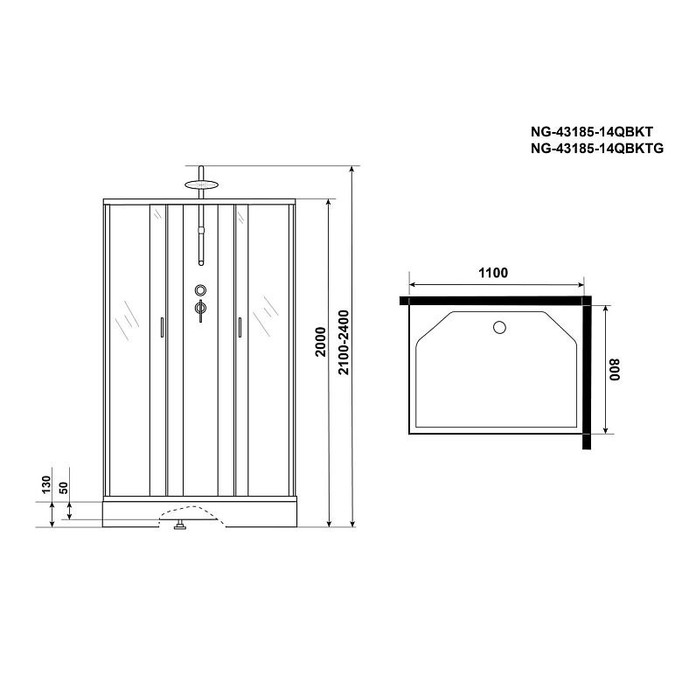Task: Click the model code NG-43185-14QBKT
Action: pyautogui.click(x=592, y=132)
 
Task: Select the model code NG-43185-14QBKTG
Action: pyautogui.click(x=596, y=149)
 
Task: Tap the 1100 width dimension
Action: pyautogui.click(x=493, y=273)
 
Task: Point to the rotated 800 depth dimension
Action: pyautogui.click(x=615, y=370)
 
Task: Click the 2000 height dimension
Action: pyautogui.click(x=321, y=342)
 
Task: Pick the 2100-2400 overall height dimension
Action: pyautogui.click(x=344, y=342)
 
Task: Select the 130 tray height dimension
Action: pyautogui.click(x=46, y=484)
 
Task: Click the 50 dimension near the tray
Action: pyautogui.click(x=64, y=488)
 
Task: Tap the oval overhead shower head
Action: pyautogui.click(x=200, y=184)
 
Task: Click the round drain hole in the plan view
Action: pyautogui.click(x=499, y=327)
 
